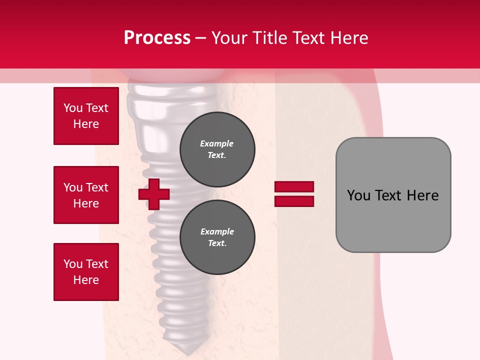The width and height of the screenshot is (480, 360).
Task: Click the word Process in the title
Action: click(157, 38)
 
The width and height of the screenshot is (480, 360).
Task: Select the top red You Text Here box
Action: click(86, 116)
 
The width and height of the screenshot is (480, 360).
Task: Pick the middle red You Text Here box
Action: click(86, 195)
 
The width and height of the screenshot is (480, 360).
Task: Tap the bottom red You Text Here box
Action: click(86, 272)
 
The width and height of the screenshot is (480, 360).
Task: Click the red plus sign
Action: click(154, 194)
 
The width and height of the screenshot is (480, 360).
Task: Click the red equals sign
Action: click(294, 194)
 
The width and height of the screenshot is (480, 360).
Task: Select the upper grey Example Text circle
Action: click(217, 149)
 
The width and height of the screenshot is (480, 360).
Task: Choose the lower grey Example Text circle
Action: click(217, 237)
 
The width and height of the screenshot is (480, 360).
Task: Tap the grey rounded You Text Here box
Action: click(393, 195)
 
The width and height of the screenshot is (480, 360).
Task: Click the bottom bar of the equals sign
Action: click(294, 201)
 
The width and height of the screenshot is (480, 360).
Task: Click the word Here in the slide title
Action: click(349, 38)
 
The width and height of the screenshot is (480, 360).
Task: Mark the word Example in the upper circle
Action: click(216, 144)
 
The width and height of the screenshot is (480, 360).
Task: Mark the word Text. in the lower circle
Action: click(217, 243)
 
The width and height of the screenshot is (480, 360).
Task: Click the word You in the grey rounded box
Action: click(358, 195)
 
